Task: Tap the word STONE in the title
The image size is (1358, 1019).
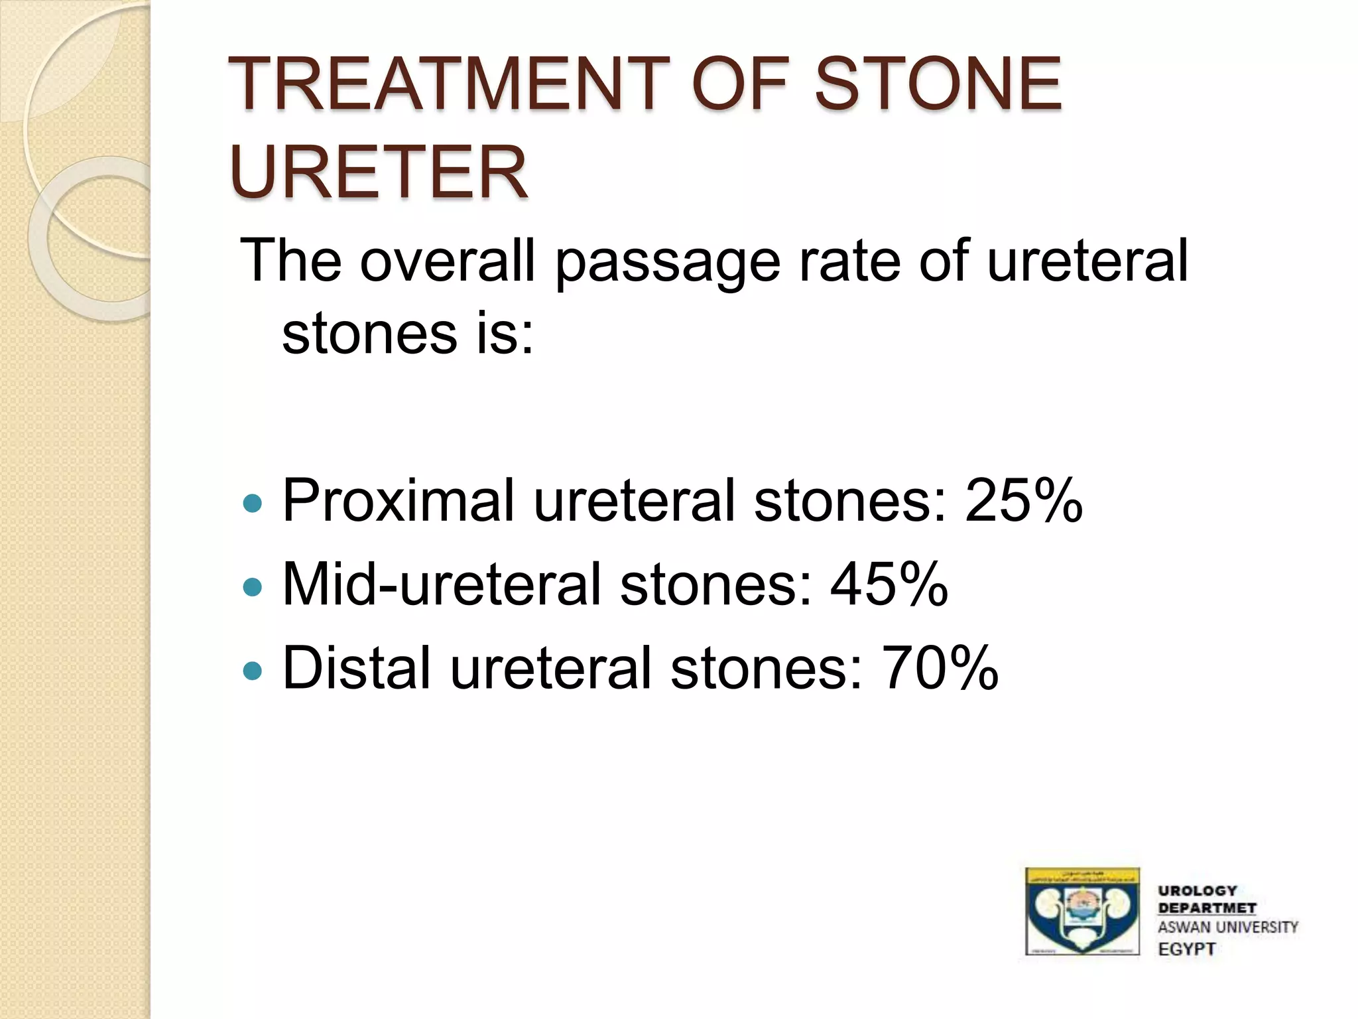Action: point(938,85)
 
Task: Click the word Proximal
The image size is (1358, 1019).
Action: point(399,501)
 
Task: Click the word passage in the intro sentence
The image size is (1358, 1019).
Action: point(667,262)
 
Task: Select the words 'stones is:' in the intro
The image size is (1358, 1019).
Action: point(407,334)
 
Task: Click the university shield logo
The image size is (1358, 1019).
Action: point(1082,911)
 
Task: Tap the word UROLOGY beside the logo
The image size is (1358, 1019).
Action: point(1197,891)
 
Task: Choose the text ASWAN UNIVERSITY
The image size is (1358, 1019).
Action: point(1227,927)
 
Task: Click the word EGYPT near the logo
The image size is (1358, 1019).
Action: point(1186,949)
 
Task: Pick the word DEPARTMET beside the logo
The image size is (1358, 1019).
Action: point(1207,908)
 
